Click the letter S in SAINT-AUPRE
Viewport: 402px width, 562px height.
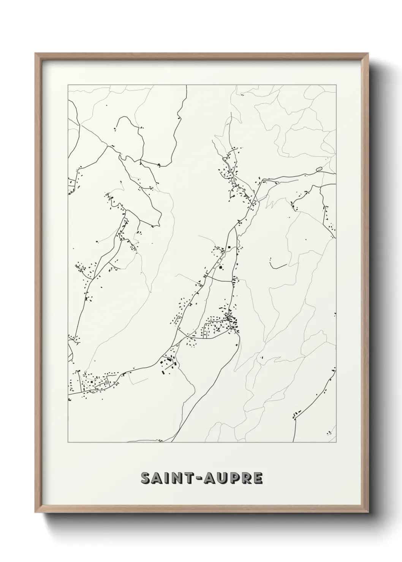click(x=146, y=478)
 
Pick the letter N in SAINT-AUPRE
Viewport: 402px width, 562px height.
click(x=179, y=478)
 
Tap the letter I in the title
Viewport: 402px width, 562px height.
click(x=169, y=478)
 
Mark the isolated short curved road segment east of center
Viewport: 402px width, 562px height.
click(x=279, y=265)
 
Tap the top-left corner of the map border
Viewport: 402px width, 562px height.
click(x=68, y=85)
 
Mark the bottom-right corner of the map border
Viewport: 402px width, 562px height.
click(x=336, y=442)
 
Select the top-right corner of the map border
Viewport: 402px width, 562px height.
click(x=336, y=85)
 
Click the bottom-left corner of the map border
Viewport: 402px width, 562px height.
click(x=68, y=442)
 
